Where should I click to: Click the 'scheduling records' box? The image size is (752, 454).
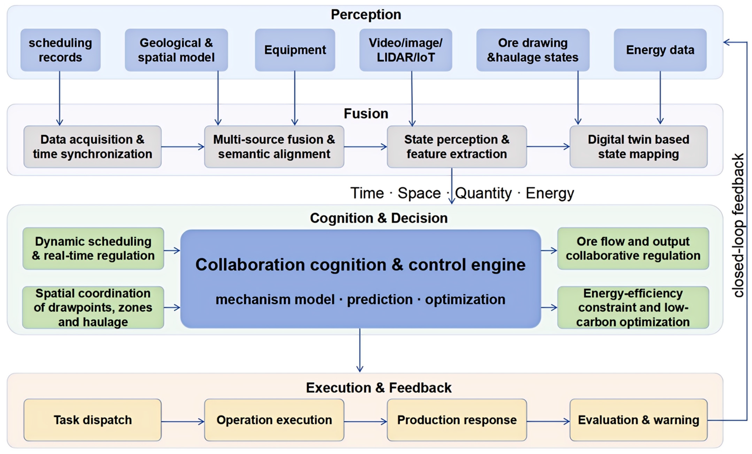(60, 50)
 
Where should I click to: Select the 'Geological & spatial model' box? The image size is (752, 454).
(176, 50)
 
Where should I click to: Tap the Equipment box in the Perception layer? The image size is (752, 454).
(295, 50)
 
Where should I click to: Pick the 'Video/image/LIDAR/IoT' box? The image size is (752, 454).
(406, 50)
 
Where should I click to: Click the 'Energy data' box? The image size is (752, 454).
(660, 50)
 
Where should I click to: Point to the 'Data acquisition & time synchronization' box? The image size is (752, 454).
(92, 147)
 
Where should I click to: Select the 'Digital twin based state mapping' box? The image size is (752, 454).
(638, 147)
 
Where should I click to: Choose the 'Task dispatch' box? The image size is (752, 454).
(92, 420)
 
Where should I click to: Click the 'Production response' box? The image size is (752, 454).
(457, 420)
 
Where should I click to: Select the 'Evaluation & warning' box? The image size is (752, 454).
(638, 420)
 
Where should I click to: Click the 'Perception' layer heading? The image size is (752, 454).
(366, 15)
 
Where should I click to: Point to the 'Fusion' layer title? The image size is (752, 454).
(366, 114)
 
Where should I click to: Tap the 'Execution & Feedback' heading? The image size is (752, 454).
(379, 388)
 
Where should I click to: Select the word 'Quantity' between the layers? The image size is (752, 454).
(483, 193)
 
